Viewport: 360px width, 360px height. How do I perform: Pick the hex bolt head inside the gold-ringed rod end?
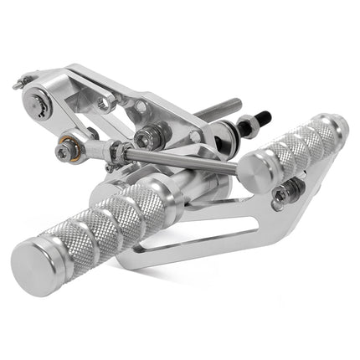[64, 152]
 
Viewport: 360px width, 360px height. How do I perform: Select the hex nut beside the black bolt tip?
[246, 126]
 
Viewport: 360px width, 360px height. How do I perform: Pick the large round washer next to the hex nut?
[224, 136]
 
